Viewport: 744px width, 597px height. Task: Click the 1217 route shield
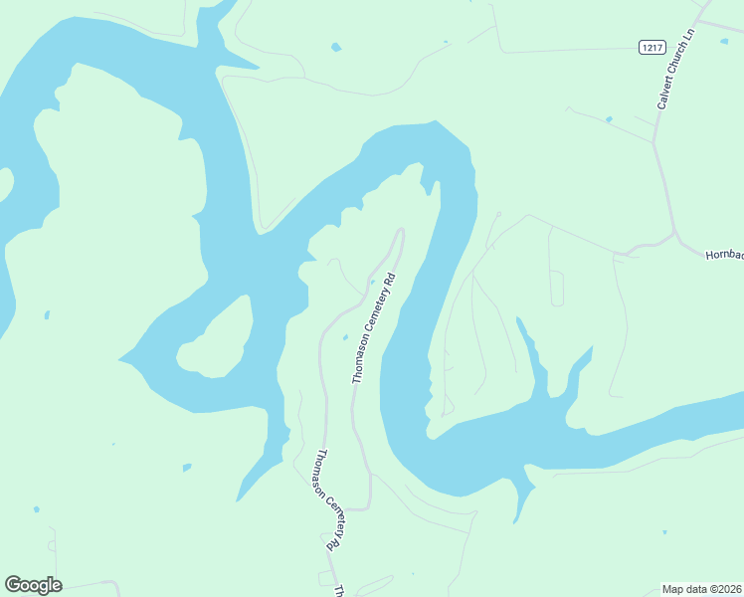[x=651, y=47]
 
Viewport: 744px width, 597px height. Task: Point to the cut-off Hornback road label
[x=724, y=256]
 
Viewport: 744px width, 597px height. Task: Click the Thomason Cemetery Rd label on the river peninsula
[x=374, y=327]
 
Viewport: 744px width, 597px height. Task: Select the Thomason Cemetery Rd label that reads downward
[x=333, y=500]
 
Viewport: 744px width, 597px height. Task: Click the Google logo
[x=33, y=585]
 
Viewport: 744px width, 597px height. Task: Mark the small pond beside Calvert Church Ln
[x=608, y=120]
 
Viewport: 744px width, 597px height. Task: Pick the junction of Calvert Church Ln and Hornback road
[x=675, y=236]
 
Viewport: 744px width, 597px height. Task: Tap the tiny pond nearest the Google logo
[x=37, y=509]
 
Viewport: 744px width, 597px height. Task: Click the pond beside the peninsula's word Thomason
[x=344, y=337]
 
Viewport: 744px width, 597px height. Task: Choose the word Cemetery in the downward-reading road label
[x=333, y=502]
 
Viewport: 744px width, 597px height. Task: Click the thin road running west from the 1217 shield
[x=567, y=49]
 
